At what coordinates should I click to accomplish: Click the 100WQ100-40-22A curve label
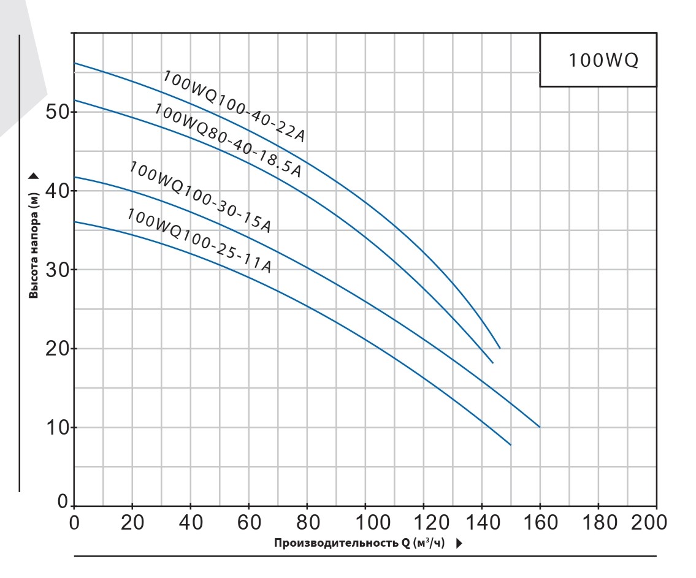coord(234,106)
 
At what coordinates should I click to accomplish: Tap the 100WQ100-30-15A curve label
coord(201,196)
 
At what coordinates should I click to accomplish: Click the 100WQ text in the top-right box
coord(603,61)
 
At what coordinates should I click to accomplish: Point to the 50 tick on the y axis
coord(59,112)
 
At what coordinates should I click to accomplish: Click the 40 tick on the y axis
coord(59,191)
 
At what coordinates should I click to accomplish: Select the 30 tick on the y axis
coord(59,270)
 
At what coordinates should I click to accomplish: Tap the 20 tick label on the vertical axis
coord(59,348)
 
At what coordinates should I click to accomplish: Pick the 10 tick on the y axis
coord(59,427)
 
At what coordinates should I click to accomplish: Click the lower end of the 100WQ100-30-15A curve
coord(540,427)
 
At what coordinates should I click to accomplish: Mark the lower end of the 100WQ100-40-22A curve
coord(500,348)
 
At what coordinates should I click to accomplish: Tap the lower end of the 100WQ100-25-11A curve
coord(510,445)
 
